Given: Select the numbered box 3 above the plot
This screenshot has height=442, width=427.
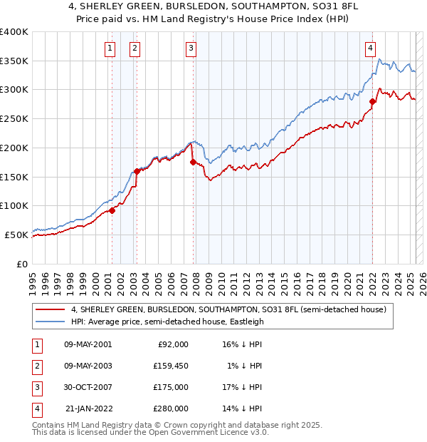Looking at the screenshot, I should [191, 48].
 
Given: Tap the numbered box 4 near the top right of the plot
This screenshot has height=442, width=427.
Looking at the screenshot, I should [371, 48].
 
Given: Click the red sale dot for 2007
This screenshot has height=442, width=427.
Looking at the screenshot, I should [193, 163].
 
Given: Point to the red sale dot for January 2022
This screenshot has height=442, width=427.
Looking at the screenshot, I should [372, 101].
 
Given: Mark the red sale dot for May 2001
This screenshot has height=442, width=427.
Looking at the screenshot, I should [112, 210].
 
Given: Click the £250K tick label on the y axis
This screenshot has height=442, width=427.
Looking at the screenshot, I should [14, 118].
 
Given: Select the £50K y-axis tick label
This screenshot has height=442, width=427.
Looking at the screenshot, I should [16, 235].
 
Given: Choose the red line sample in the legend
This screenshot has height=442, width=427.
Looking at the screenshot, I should [49, 310].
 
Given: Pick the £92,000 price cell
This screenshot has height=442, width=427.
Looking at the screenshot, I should [173, 344].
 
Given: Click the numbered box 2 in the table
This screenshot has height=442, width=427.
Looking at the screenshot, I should [36, 366].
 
